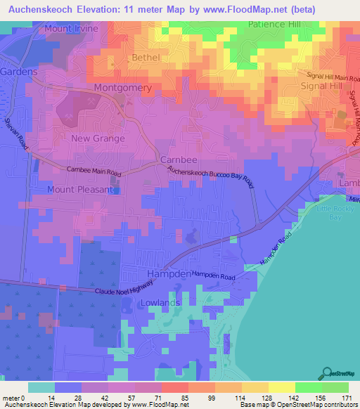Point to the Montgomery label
pyautogui.click(x=123, y=88)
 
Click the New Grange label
pyautogui.click(x=98, y=138)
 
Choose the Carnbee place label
pyautogui.click(x=176, y=160)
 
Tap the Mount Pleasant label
pyautogui.click(x=79, y=190)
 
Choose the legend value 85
pyautogui.click(x=184, y=398)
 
